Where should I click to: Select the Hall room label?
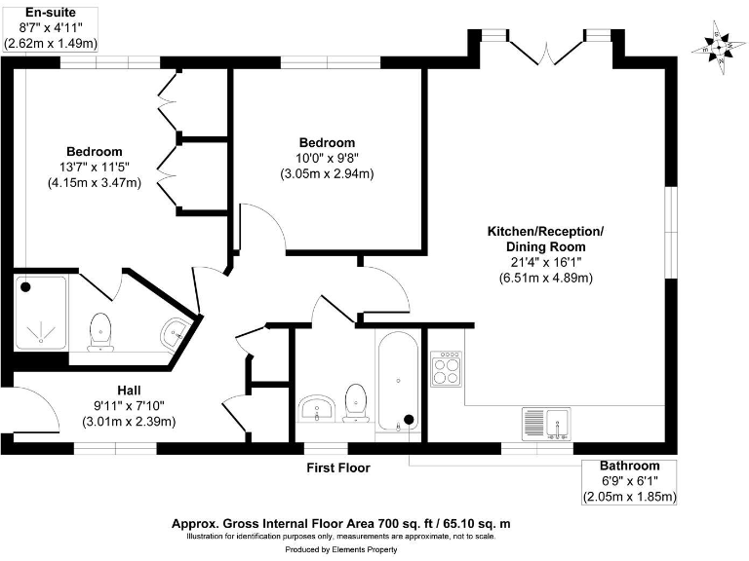[x=131, y=387]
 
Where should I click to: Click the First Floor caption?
[x=338, y=468]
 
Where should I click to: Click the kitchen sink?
[x=550, y=422]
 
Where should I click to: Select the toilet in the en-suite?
[x=100, y=332]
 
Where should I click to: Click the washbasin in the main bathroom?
[x=316, y=407]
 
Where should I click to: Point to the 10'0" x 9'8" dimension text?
[x=327, y=159]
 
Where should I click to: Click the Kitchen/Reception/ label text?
[x=545, y=231]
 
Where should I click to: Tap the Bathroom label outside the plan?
[x=629, y=466]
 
